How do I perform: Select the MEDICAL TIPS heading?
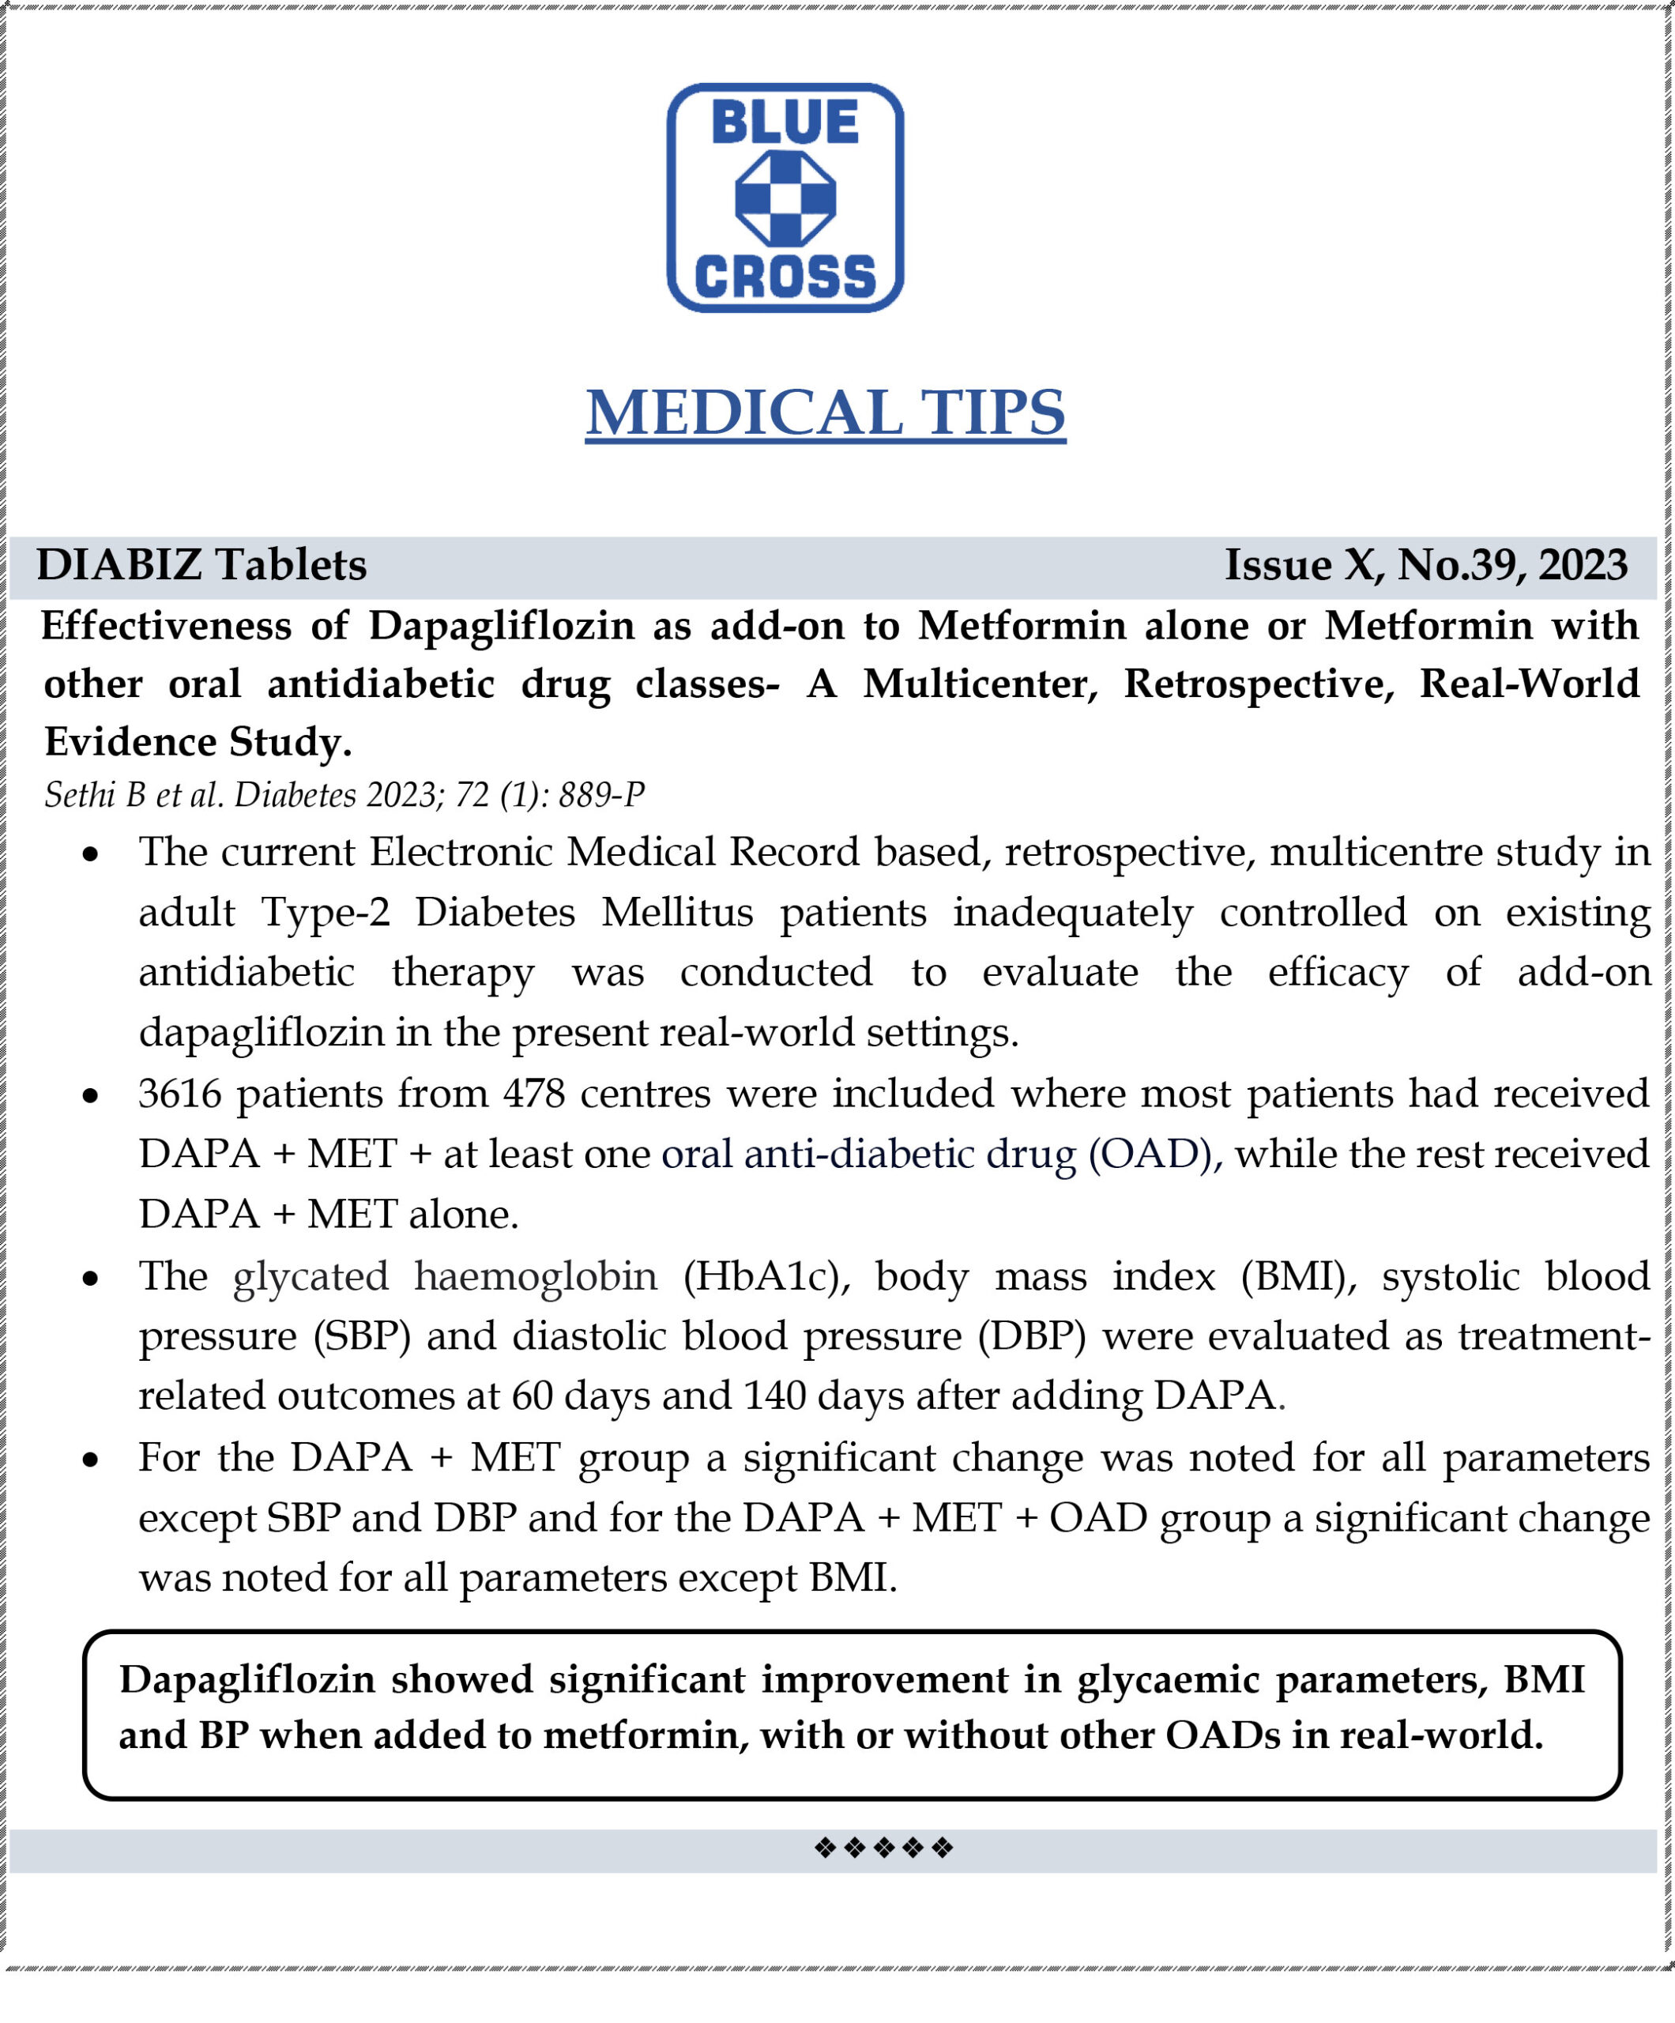[x=826, y=413]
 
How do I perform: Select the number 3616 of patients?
[x=180, y=1094]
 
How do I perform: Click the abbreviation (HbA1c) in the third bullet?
[x=766, y=1276]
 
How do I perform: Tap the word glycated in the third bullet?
[x=311, y=1276]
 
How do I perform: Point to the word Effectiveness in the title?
[x=166, y=626]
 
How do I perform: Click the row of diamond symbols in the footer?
[x=883, y=1848]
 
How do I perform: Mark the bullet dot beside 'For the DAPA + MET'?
[x=91, y=1461]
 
